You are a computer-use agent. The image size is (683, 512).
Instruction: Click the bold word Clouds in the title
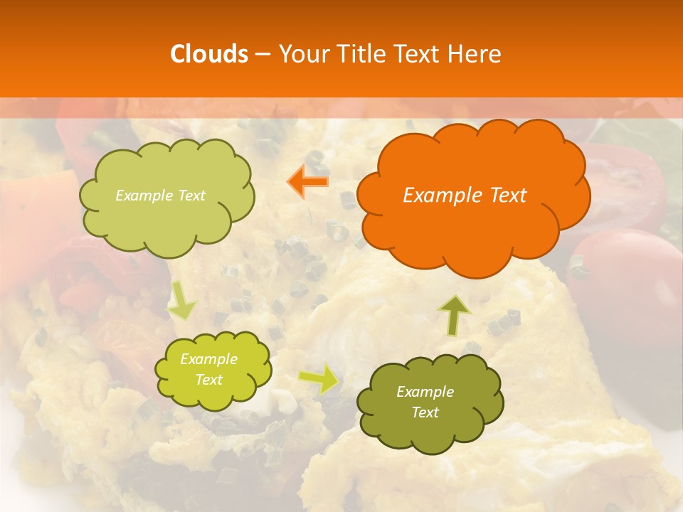coord(209,54)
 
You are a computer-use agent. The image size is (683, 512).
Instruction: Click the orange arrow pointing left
coord(308,181)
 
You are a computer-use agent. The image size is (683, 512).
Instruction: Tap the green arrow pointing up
coord(455,314)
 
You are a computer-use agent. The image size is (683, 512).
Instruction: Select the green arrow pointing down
coord(182,300)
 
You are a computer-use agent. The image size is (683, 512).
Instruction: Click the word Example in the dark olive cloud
coord(425,392)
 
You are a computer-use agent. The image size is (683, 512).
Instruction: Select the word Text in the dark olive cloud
coord(425,412)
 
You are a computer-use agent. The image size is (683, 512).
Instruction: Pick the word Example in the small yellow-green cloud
coord(209,359)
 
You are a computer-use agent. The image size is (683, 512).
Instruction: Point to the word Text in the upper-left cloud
coord(191,196)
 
